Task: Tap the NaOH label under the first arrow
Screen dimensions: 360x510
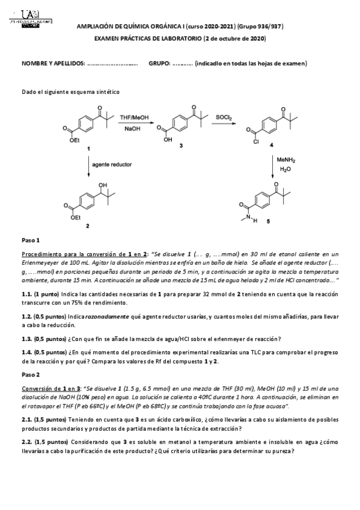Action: (134, 129)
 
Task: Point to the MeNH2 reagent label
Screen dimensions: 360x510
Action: (286, 161)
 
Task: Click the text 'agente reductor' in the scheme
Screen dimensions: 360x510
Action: (112, 164)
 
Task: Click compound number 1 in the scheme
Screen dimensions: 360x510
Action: (90, 147)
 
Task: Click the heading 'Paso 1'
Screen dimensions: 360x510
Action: (30, 240)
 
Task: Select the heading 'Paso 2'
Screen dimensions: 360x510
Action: (30, 374)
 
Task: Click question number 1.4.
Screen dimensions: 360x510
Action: (27, 352)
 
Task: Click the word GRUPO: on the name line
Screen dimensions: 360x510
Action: (160, 63)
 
